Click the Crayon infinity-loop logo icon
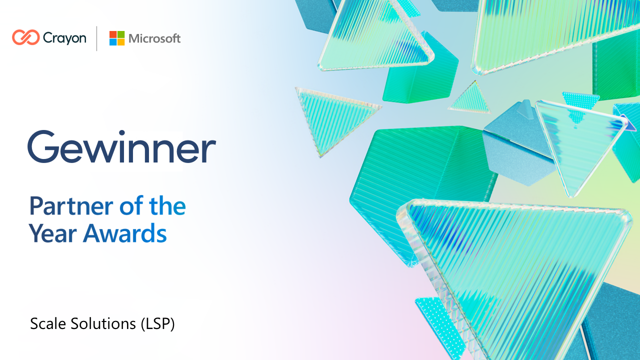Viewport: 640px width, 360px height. coord(25,37)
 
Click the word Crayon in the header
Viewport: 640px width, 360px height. coord(64,38)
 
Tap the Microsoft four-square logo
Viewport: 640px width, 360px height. coord(117,38)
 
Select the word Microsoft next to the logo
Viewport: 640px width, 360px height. coord(154,38)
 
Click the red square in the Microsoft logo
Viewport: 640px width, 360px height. coord(113,34)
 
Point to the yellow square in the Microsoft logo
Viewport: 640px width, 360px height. coord(121,42)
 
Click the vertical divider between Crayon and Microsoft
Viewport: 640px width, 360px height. coord(97,38)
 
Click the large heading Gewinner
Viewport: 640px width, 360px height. coord(121,147)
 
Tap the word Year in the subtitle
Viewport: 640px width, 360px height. coord(52,233)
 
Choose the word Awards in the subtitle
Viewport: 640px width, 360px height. coord(125,233)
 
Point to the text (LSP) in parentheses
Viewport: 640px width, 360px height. coord(157,324)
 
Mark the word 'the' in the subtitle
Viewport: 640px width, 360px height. coord(167,206)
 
